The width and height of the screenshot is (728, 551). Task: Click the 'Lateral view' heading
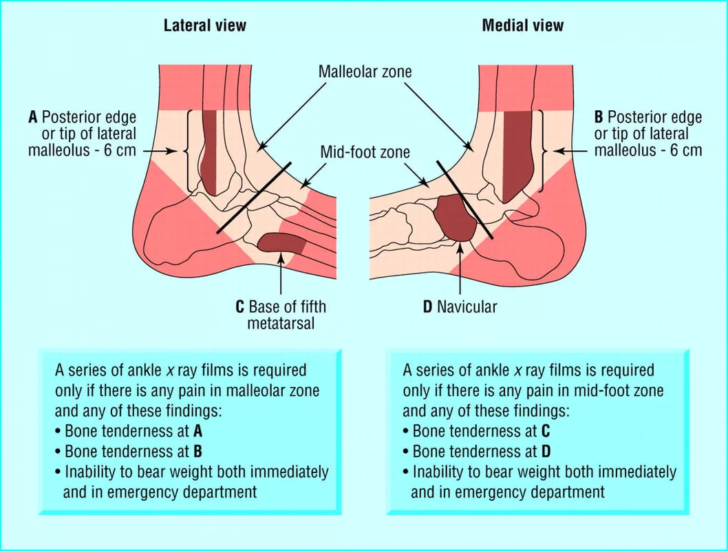pos(205,25)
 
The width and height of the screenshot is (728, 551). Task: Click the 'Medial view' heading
pos(523,25)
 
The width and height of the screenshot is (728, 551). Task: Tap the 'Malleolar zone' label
pos(365,72)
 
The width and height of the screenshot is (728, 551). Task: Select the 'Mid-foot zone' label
pos(365,152)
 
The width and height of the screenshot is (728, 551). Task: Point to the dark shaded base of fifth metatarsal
pos(281,243)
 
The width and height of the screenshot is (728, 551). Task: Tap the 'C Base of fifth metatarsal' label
pos(281,315)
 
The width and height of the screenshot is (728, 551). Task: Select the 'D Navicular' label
pos(460,306)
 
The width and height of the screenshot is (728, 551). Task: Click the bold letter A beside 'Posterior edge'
pos(32,117)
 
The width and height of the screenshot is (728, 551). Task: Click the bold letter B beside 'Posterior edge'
pos(599,117)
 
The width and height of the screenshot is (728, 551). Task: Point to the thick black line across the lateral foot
pos(254,198)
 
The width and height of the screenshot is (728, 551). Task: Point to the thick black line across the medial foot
pos(464,200)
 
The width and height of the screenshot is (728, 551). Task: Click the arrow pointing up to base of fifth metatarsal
pos(281,274)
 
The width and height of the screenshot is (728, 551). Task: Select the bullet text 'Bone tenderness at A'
pos(129,431)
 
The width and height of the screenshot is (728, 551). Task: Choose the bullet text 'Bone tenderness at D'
pos(477,452)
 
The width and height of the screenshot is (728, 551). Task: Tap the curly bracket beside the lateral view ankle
pos(187,151)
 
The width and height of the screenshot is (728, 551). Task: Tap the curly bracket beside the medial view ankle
pos(542,151)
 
